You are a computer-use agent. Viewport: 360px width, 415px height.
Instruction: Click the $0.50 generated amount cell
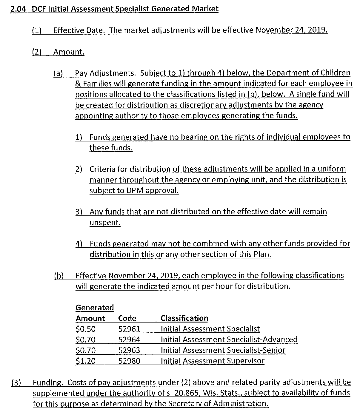click(85, 329)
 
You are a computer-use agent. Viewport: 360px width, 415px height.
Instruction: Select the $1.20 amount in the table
click(85, 361)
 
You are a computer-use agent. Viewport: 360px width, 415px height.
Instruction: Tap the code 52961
click(129, 329)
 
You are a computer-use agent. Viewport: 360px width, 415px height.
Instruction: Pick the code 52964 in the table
click(129, 340)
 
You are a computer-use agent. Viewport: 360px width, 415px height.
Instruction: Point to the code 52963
click(129, 350)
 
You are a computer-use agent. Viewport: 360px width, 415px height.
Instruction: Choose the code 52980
click(129, 361)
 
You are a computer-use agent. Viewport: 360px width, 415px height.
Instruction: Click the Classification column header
click(184, 318)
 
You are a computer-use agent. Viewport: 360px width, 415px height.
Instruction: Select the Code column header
click(127, 318)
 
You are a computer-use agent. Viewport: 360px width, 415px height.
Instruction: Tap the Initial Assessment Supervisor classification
click(213, 361)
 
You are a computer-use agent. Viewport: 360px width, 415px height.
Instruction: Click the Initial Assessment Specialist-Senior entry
click(223, 350)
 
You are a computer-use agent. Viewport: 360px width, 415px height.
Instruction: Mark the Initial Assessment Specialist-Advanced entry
click(229, 340)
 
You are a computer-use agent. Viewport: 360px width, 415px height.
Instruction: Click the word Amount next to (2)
click(69, 52)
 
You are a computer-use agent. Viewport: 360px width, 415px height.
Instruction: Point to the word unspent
click(105, 223)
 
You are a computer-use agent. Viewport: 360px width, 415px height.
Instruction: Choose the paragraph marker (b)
click(59, 276)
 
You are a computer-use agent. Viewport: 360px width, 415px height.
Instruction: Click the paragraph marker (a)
click(58, 73)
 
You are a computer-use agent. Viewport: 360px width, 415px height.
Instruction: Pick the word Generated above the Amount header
click(95, 308)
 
